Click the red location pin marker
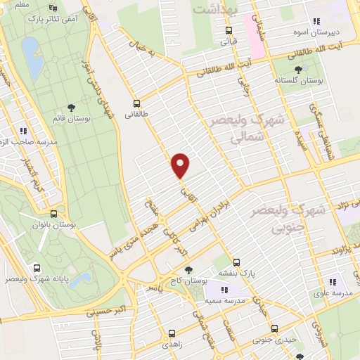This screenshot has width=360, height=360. [x=181, y=165]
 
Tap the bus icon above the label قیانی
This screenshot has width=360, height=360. [x=229, y=30]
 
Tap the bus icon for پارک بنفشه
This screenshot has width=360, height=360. [x=237, y=262]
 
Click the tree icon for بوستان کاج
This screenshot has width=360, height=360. [x=188, y=269]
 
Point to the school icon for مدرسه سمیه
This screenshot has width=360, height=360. [x=224, y=289]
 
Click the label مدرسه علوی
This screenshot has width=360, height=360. [x=333, y=292]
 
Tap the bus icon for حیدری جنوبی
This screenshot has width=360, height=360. [x=275, y=328]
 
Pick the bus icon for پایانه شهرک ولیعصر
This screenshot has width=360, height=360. [x=37, y=268]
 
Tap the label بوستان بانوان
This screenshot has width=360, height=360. [x=57, y=225]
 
